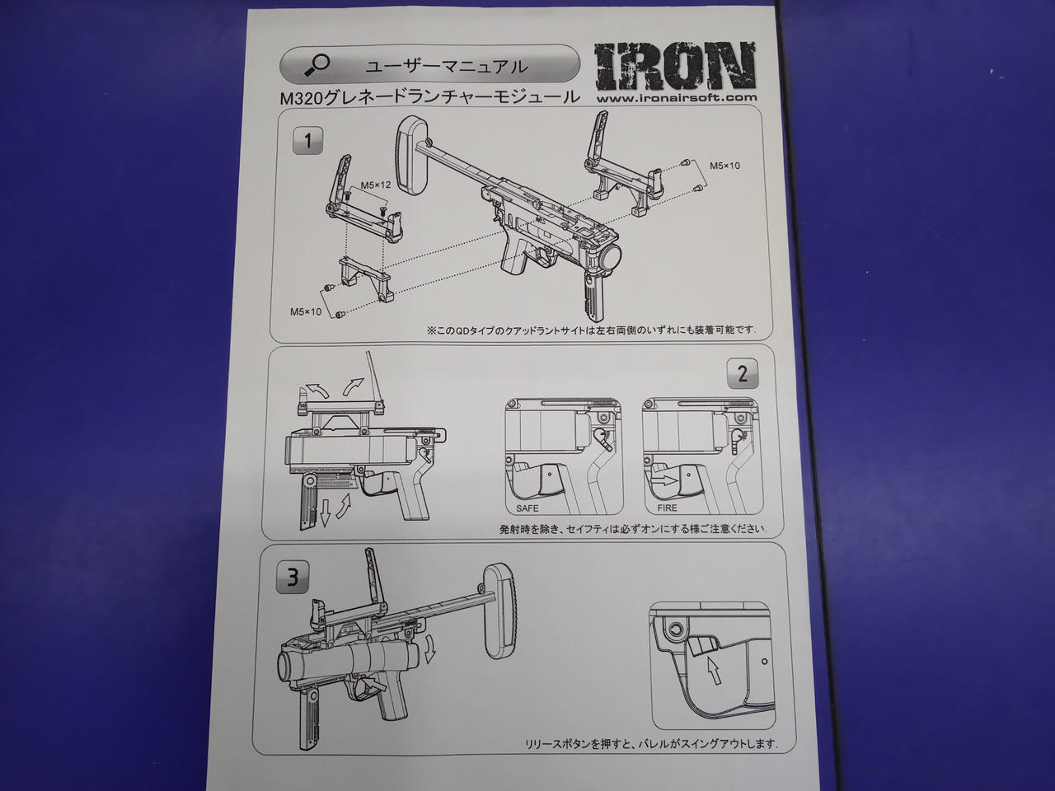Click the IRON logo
(x=674, y=66)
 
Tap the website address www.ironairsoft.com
(x=677, y=97)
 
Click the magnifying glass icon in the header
(x=316, y=65)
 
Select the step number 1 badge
(x=307, y=141)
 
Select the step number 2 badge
(x=743, y=373)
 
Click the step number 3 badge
(x=293, y=578)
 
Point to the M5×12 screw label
(x=376, y=185)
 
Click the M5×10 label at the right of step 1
(x=724, y=166)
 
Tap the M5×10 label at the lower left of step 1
(x=306, y=311)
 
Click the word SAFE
(x=527, y=508)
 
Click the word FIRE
(x=668, y=508)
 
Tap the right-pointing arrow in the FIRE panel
(x=665, y=480)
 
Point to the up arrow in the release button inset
(x=715, y=670)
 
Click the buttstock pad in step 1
(x=412, y=154)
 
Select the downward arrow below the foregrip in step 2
(x=325, y=513)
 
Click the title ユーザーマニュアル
(x=446, y=66)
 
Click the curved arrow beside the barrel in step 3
(x=430, y=653)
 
